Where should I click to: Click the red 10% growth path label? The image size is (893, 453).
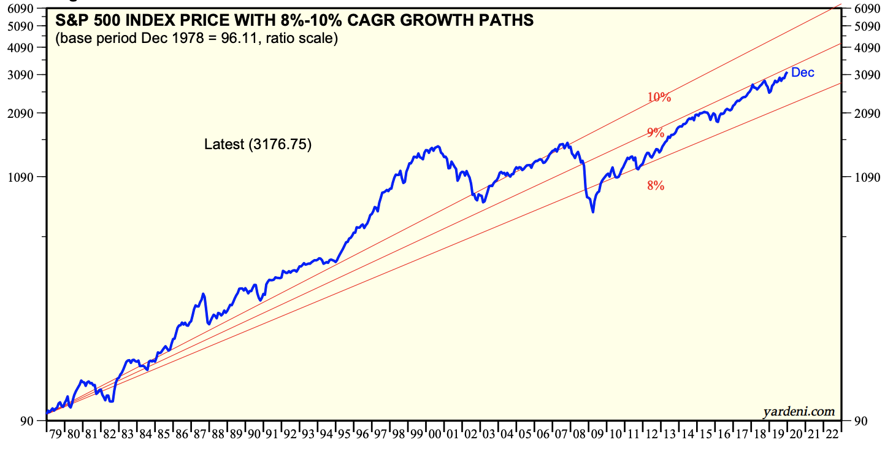point(659,97)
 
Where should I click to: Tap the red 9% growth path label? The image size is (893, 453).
point(656,133)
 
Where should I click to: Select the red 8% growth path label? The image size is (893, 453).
point(656,185)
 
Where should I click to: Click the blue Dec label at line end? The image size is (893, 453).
point(803,72)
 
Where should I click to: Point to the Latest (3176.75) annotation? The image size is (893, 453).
point(258,145)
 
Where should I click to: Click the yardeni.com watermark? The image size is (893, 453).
point(799,411)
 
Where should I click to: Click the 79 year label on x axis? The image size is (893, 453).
point(56,435)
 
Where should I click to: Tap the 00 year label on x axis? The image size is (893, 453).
point(435,435)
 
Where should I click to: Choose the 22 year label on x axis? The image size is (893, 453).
point(832,435)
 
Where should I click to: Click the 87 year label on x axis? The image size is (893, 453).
point(200,435)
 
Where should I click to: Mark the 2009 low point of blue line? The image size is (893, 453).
point(592,212)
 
